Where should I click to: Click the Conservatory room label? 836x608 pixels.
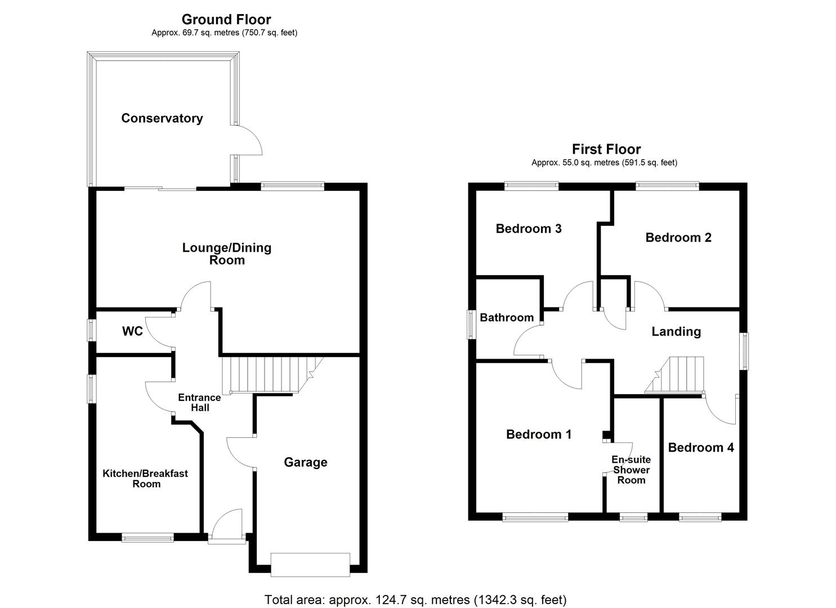(x=162, y=118)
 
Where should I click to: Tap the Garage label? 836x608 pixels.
(x=305, y=462)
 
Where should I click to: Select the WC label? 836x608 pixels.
(x=132, y=331)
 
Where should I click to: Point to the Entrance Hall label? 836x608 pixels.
(x=199, y=403)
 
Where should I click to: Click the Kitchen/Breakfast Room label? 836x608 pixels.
(x=145, y=479)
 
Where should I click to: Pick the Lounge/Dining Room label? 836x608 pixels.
(x=227, y=253)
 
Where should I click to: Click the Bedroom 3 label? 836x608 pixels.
(x=528, y=229)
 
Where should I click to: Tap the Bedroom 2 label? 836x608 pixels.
(x=678, y=238)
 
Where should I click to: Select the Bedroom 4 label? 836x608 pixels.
(x=700, y=448)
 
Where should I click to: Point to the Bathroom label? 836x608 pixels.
(x=506, y=318)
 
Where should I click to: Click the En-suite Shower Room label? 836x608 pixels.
(x=631, y=470)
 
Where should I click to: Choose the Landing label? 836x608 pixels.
(x=676, y=332)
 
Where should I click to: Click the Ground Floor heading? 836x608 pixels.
(x=226, y=20)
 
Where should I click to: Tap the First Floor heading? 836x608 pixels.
(x=606, y=149)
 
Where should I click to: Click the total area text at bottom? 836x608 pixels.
(x=415, y=600)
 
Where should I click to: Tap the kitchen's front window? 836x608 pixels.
(x=147, y=538)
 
